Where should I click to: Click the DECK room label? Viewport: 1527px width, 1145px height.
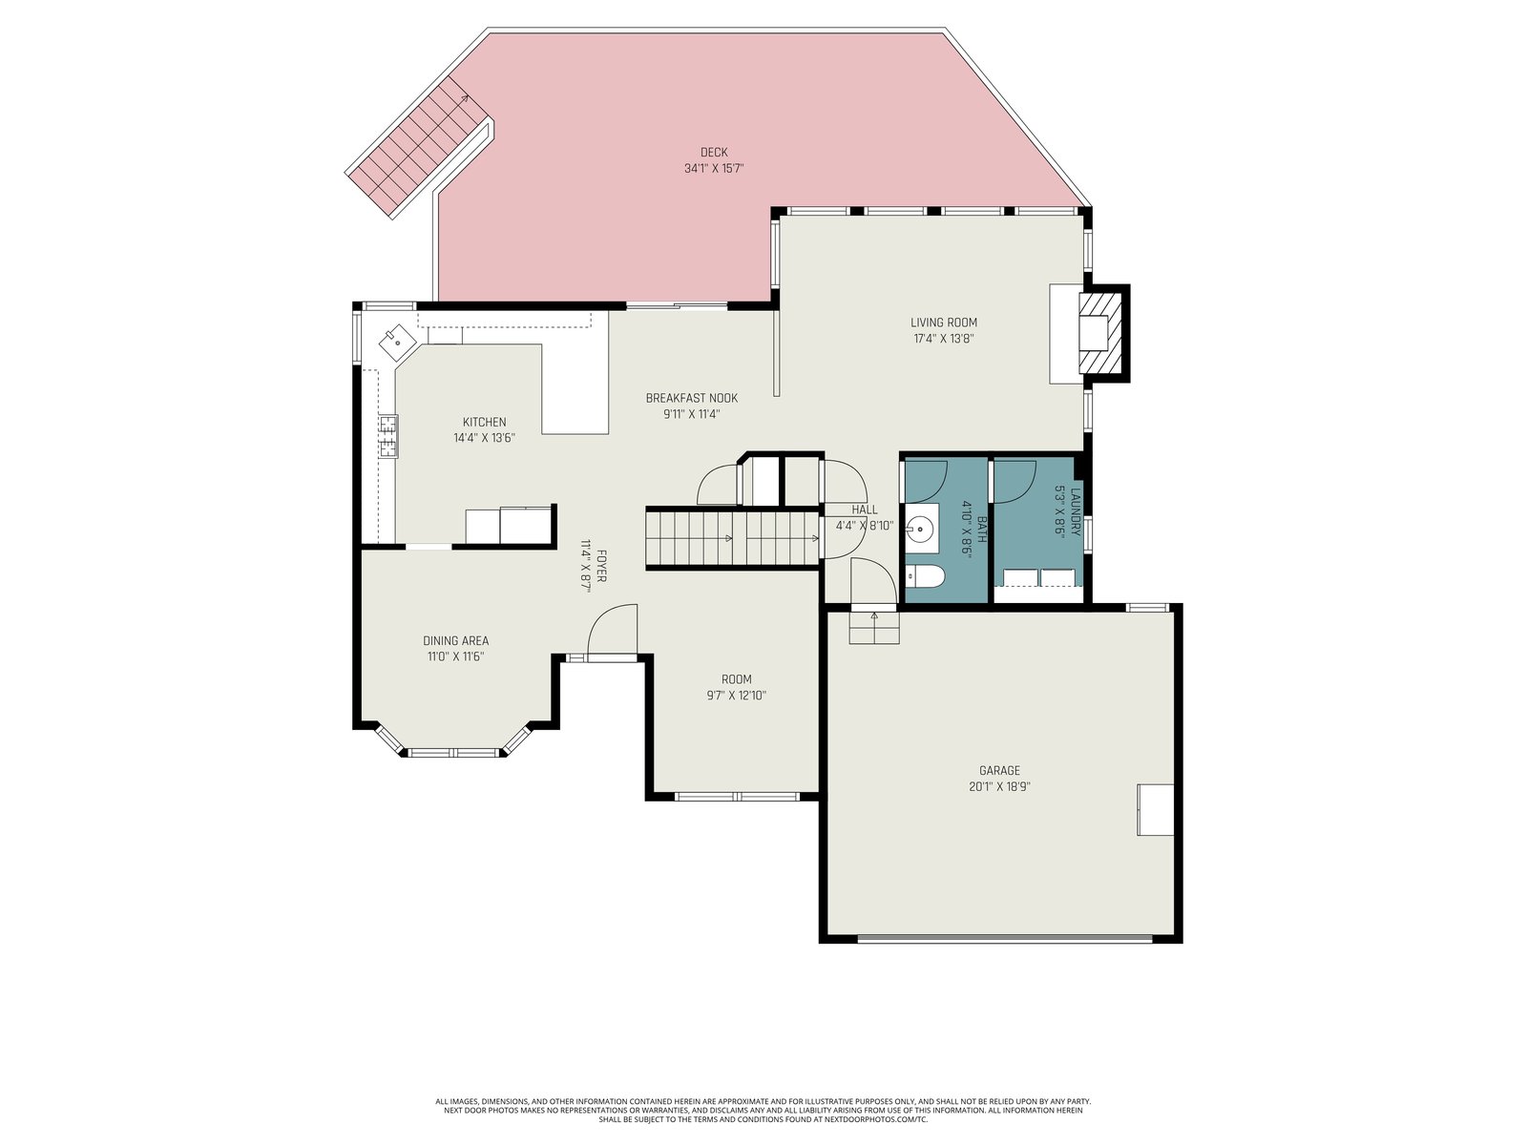coord(714,153)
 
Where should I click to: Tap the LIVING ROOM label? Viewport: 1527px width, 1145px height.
coord(943,323)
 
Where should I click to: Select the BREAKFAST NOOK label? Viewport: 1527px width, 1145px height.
coord(692,398)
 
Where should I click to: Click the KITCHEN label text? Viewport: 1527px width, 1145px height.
coord(484,422)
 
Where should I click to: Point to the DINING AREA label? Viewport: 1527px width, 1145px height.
coord(455,641)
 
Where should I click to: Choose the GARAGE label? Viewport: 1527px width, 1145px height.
coord(999,770)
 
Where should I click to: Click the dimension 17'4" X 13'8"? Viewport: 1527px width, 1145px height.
coord(943,340)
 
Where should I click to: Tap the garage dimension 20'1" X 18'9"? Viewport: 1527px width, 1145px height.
coord(999,787)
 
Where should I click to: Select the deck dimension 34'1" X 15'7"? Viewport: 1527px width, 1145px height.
coord(714,168)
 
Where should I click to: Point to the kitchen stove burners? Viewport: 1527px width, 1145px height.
coord(388,437)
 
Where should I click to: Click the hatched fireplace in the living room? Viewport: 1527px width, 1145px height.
coord(1101,334)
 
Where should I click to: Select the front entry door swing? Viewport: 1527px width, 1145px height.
coord(612,630)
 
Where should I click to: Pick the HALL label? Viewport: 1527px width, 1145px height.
coord(865,510)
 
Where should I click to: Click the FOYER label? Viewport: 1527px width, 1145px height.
coord(602,566)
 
